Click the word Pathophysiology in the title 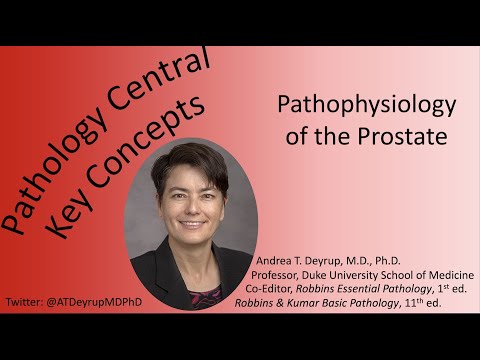coord(366,105)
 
